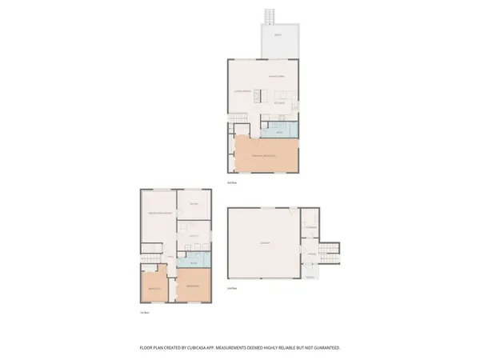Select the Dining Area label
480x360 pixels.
click(276, 75)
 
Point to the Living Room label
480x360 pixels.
click(242, 93)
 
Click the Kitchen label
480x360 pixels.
click(281, 103)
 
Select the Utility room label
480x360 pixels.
click(193, 237)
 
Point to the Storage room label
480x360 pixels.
click(310, 226)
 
